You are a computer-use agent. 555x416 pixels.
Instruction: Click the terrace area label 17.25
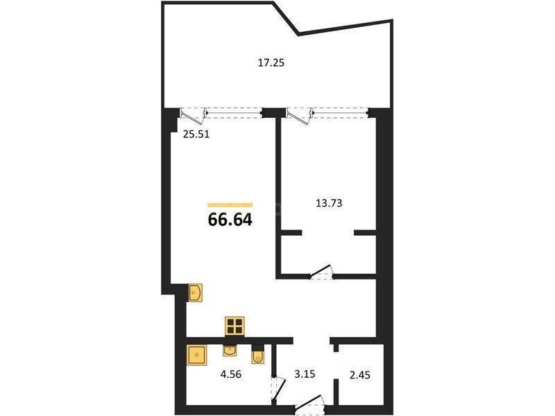tap(271, 63)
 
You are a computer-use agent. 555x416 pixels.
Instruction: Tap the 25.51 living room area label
tap(196, 135)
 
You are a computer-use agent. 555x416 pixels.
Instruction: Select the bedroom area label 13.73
tap(329, 203)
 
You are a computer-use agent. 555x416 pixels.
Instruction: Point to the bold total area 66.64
tap(230, 220)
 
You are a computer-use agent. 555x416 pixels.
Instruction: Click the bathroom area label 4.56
tap(231, 374)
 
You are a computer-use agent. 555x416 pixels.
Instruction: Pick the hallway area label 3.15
tap(305, 374)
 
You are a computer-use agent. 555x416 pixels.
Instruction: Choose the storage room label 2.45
tap(360, 374)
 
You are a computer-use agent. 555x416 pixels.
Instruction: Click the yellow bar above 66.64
tap(230, 205)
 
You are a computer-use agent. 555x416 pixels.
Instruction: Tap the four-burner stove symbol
tap(234, 326)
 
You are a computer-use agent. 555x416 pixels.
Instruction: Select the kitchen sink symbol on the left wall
tap(196, 293)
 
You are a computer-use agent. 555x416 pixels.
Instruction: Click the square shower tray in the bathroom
tap(196, 355)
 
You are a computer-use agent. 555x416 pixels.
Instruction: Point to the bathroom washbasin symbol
tap(230, 351)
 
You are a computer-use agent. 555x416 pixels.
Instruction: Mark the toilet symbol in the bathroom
tap(257, 354)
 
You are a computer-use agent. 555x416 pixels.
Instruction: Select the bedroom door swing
tap(322, 272)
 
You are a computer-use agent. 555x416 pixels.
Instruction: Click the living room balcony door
tap(194, 116)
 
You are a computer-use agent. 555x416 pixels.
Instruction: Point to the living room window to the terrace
tap(234, 113)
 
